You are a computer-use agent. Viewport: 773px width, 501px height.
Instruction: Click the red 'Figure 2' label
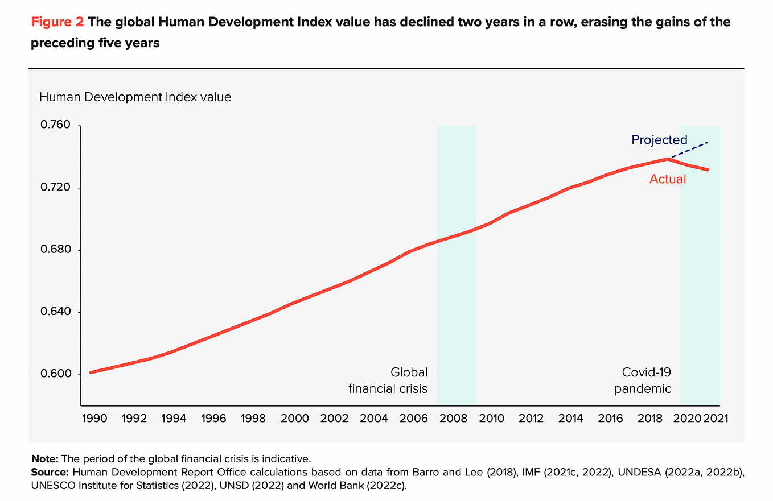click(57, 22)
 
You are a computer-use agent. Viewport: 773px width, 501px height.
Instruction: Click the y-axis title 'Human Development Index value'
click(135, 97)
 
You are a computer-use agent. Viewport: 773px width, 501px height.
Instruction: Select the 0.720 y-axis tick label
click(55, 187)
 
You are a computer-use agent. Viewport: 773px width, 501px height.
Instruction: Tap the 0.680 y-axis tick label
click(55, 249)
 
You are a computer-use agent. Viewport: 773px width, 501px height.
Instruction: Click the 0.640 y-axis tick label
click(55, 312)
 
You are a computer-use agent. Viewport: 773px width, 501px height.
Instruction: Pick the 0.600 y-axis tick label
click(55, 374)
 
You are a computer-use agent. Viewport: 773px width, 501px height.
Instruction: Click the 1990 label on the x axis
click(94, 418)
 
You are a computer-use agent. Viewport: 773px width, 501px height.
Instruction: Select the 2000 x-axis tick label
click(294, 418)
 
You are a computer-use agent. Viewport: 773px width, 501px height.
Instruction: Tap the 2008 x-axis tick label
click(453, 418)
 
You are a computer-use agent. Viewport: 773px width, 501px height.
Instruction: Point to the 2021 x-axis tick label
click(716, 418)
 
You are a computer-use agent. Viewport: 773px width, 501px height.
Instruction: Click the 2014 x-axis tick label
click(570, 418)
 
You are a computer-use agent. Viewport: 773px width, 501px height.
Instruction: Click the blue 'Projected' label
click(660, 140)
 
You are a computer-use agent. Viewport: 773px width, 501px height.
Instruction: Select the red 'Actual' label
click(668, 179)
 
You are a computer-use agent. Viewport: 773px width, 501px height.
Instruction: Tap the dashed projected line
click(690, 150)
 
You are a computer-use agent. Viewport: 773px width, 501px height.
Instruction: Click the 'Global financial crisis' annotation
click(388, 380)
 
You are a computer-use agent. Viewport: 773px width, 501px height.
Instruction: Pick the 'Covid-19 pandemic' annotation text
click(643, 380)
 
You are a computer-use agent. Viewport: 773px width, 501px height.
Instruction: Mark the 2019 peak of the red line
click(668, 159)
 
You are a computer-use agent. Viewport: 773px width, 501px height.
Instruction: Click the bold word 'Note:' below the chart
click(45, 459)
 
